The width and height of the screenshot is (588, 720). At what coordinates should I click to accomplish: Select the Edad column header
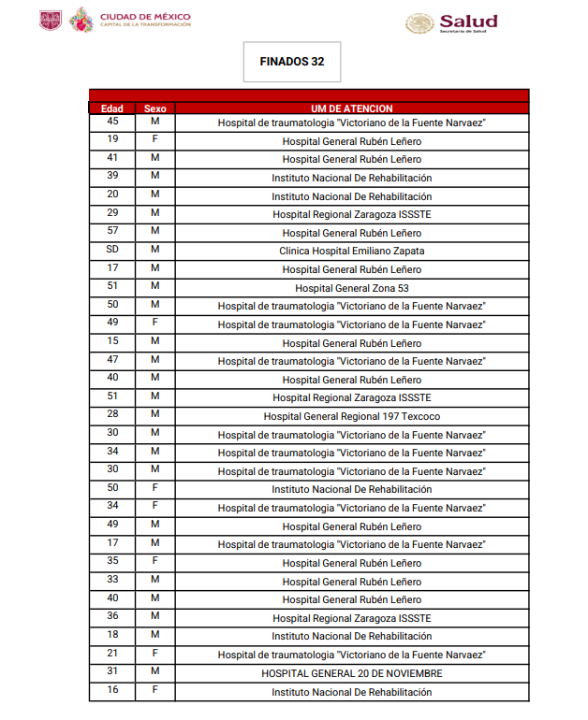coord(112,108)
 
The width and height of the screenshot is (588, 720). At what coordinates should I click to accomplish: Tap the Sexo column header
coord(154,108)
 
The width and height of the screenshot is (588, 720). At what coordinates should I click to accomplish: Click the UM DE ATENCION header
coord(351,108)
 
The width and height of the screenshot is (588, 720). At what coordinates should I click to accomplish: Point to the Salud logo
coord(451,22)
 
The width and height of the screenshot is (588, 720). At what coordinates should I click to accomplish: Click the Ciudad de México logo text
coord(145,19)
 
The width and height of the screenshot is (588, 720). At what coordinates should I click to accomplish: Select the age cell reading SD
coord(112,250)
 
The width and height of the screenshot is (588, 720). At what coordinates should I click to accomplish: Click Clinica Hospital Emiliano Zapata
coord(351,252)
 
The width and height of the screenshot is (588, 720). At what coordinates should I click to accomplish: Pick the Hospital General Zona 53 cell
coord(351,288)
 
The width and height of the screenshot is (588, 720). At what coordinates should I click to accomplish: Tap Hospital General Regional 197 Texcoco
coord(351,416)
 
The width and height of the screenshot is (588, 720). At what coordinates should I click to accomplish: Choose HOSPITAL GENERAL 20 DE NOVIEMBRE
coord(351,673)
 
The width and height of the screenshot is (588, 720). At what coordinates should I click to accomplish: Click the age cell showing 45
coord(112,122)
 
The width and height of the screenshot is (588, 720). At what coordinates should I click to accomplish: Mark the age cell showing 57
coord(112,231)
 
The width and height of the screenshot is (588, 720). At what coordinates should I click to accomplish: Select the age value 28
coord(112,414)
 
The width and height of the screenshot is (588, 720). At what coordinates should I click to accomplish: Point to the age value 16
coord(112,690)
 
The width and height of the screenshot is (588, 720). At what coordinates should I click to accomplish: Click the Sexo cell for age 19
coord(154,139)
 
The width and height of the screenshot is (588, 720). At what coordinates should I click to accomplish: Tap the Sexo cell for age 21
coord(154,653)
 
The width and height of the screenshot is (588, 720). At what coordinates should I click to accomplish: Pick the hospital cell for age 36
coord(351,618)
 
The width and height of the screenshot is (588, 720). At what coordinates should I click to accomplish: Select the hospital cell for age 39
coord(351,178)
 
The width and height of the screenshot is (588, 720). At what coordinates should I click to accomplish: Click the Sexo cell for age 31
coord(154,671)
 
